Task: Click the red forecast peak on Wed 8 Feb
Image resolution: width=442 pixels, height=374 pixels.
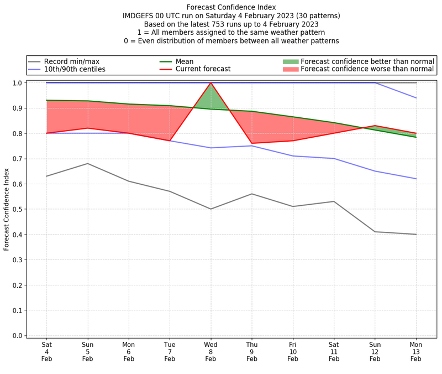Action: [x=211, y=83]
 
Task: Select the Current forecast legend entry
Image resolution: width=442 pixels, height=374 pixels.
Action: [x=203, y=69]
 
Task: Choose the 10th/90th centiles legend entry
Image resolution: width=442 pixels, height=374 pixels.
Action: [x=75, y=69]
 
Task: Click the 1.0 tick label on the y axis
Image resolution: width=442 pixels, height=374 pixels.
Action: [x=18, y=83]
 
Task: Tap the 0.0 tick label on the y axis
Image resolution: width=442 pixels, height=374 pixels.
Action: [x=18, y=336]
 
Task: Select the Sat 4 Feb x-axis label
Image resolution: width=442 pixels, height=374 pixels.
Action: [x=46, y=351]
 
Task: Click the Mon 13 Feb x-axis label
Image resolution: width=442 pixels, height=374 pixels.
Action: [x=416, y=351]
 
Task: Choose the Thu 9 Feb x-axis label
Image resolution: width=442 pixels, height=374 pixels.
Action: [x=252, y=351]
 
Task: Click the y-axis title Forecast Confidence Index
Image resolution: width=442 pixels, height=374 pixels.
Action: [x=7, y=209]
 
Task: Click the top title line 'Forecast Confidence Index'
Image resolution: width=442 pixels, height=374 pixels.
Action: [x=231, y=7]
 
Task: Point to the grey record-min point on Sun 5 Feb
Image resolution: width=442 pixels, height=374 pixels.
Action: [x=87, y=164]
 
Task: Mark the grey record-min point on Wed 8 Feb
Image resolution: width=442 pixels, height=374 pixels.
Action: [x=211, y=209]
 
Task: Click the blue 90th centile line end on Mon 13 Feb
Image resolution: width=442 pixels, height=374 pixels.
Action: [x=416, y=98]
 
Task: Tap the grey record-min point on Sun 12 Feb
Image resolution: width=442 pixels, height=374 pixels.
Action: [x=375, y=232]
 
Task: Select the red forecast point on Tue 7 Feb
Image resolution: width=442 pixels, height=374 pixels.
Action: [x=170, y=141]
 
